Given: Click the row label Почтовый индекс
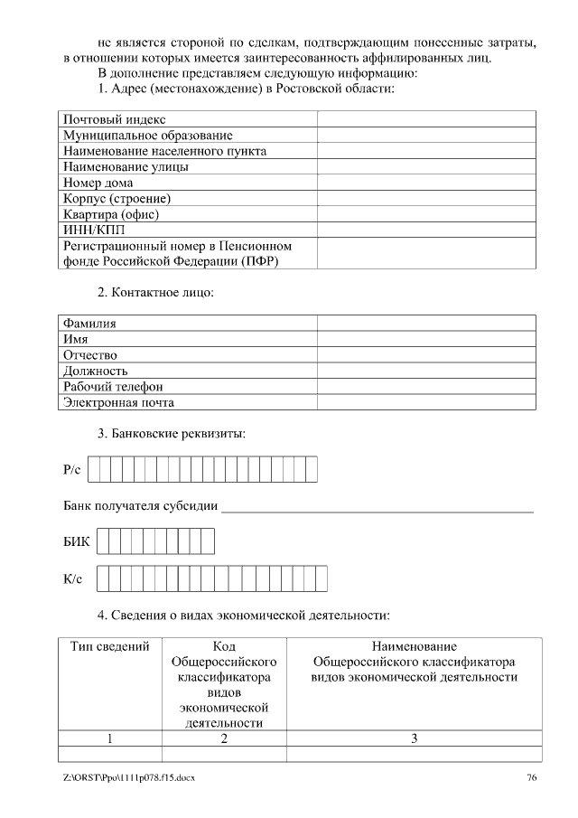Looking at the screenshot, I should click(x=114, y=119).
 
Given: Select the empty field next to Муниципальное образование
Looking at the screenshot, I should click(x=426, y=135).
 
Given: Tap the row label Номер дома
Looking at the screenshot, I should click(x=98, y=183).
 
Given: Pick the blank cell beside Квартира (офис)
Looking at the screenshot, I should click(x=426, y=214).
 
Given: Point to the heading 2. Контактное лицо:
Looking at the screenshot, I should click(x=155, y=293).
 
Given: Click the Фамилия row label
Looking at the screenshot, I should click(x=89, y=323).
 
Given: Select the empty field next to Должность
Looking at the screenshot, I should click(x=426, y=371).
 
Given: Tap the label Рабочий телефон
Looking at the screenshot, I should click(x=113, y=387).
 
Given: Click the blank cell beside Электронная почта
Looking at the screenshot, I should click(x=426, y=402).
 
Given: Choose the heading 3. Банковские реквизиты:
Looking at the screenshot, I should click(x=172, y=434).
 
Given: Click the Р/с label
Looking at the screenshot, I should click(x=72, y=470).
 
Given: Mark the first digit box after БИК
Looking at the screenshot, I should click(x=103, y=541).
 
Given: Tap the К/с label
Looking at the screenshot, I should click(x=73, y=578).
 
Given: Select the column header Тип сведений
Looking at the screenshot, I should click(x=110, y=647).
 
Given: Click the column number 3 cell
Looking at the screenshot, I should click(x=414, y=738).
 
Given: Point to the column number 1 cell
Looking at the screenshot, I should click(x=110, y=738).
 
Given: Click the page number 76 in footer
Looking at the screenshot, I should click(x=532, y=778).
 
